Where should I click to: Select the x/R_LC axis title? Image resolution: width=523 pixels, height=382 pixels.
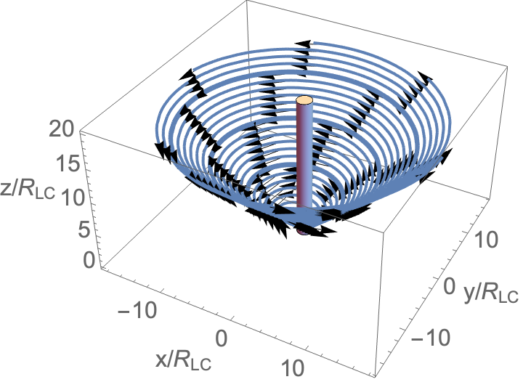pyautogui.click(x=183, y=361)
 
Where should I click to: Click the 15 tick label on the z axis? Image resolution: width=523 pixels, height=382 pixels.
pyautogui.click(x=70, y=164)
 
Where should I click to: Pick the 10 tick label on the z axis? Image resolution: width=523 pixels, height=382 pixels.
pyautogui.click(x=73, y=198)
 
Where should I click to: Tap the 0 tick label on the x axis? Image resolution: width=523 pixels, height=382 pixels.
pyautogui.click(x=221, y=337)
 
